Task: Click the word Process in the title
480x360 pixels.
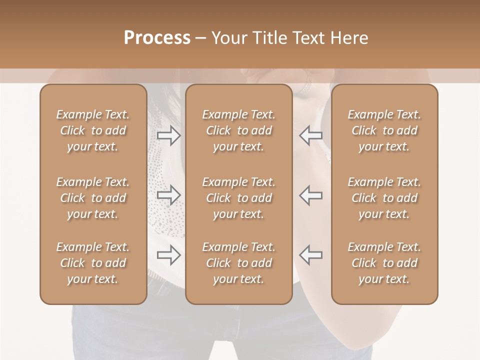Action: tap(157, 38)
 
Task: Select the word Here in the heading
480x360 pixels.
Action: tap(349, 38)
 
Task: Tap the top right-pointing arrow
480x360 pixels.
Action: tap(168, 135)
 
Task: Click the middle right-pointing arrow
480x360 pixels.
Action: tap(168, 195)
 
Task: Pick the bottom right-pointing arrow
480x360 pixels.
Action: tap(168, 255)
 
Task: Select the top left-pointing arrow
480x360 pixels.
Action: tap(310, 135)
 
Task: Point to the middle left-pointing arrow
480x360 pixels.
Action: tap(310, 195)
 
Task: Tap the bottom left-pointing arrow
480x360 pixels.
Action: tap(310, 255)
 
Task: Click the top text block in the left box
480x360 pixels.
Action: tap(93, 130)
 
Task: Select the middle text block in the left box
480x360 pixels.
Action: tap(93, 198)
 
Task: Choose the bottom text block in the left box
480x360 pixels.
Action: tap(93, 263)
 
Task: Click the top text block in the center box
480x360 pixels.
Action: tap(239, 130)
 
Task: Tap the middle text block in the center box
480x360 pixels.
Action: tap(239, 198)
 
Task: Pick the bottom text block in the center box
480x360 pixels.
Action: tap(239, 263)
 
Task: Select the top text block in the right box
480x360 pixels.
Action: tap(384, 130)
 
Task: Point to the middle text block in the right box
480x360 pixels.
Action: tap(384, 198)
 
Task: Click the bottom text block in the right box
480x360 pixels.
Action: tap(384, 263)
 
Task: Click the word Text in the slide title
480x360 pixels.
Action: tap(307, 38)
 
